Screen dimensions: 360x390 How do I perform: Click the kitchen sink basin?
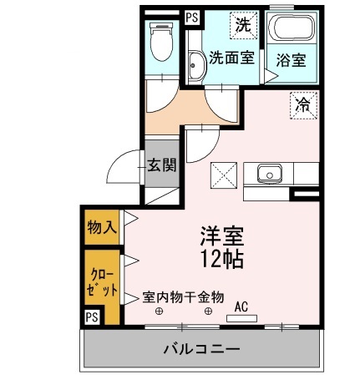(269, 174)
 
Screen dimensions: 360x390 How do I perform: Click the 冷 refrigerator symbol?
(303, 105)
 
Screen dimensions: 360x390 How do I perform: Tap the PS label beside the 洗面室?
(192, 18)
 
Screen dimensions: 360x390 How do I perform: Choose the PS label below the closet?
(92, 317)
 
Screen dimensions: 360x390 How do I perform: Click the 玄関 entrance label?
(162, 165)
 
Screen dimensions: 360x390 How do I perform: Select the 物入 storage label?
(102, 227)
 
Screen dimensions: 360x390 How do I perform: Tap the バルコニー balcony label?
(201, 348)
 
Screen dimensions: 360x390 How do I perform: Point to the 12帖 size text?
(222, 259)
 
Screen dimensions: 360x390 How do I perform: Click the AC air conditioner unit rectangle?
(241, 318)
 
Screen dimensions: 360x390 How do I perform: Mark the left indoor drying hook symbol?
(159, 311)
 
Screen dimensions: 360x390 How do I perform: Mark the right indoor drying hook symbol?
(208, 311)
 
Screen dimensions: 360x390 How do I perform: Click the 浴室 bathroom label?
(291, 60)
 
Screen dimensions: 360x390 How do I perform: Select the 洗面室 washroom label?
(231, 58)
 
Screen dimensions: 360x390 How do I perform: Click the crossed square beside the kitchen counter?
(224, 175)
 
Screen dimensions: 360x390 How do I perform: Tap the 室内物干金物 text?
(183, 297)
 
